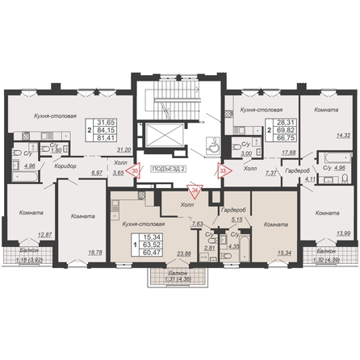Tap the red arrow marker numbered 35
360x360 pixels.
tap(136, 170)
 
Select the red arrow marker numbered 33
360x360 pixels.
tap(223, 170)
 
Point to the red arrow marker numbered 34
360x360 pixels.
tap(195, 190)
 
